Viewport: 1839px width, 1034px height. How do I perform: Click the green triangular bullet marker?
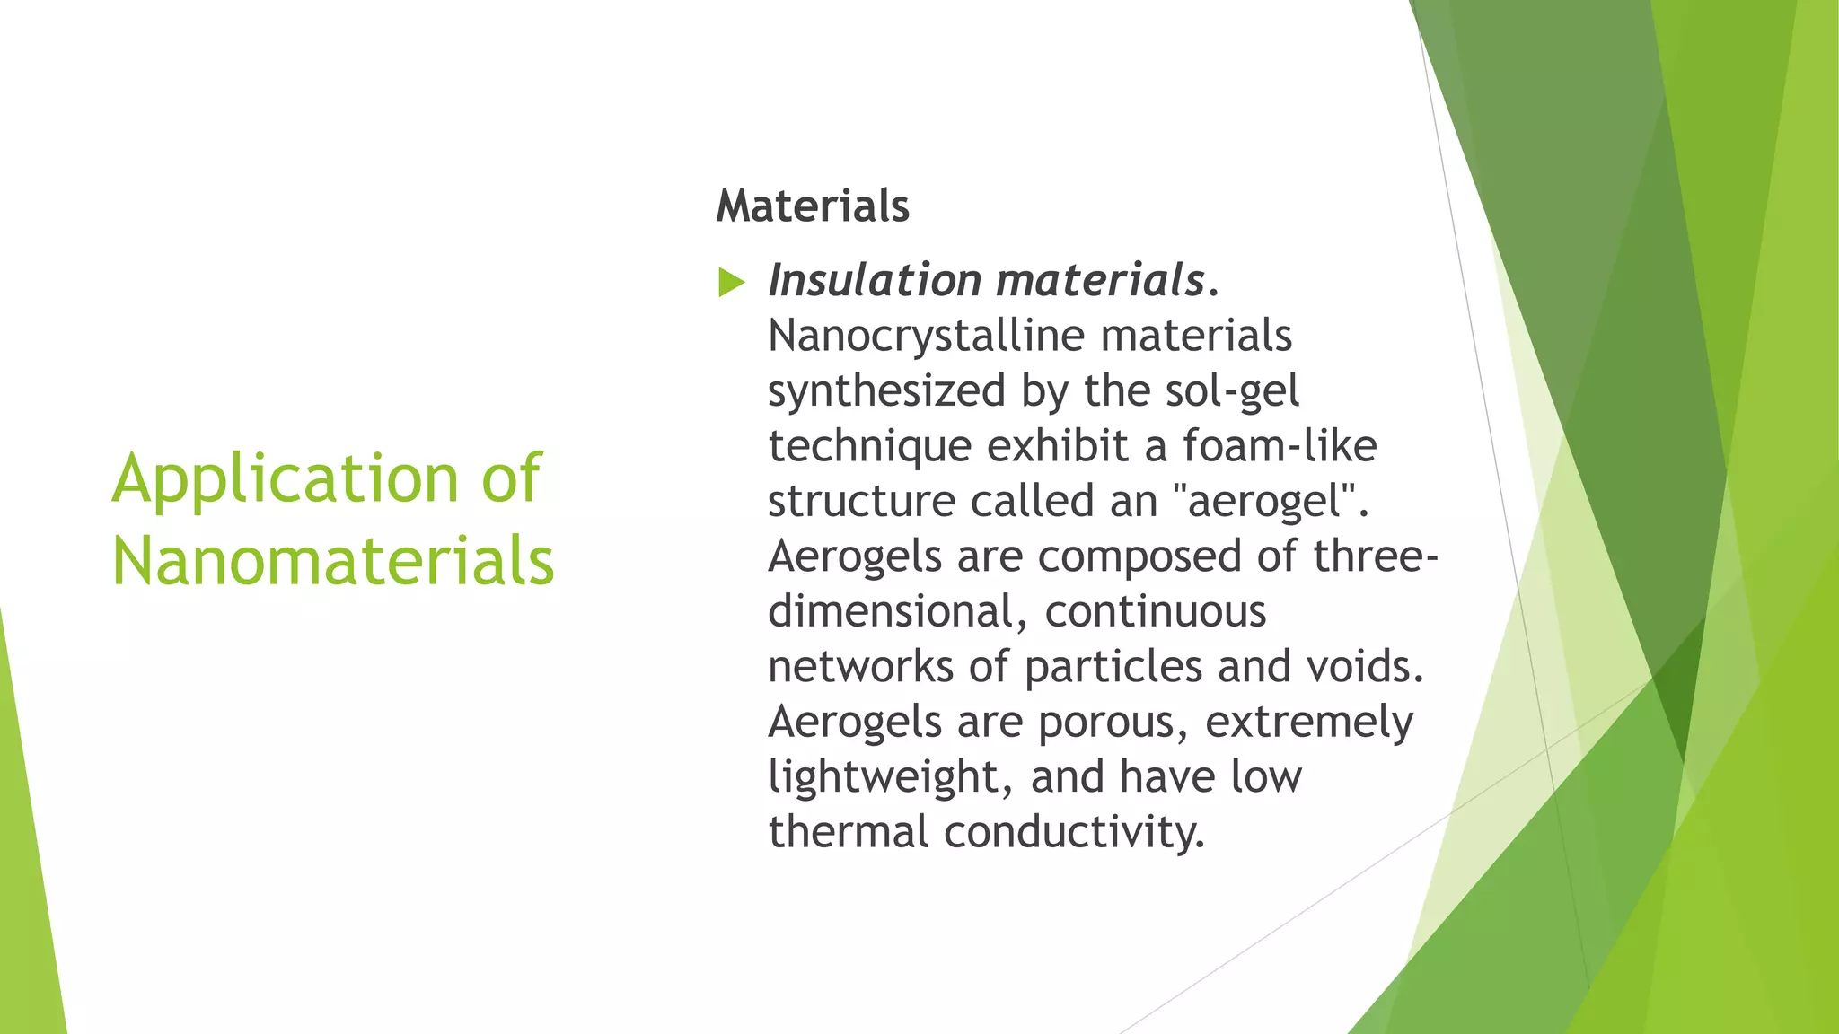[732, 283]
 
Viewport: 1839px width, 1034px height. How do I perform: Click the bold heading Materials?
[813, 206]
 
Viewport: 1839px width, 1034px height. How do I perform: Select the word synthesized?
[886, 391]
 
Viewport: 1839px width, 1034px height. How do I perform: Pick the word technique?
[870, 446]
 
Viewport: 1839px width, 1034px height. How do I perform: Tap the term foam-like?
[1279, 446]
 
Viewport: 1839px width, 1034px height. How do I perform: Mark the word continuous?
[1156, 612]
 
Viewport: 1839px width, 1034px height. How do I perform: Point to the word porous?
[1113, 723]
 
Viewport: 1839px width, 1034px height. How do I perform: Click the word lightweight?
[890, 777]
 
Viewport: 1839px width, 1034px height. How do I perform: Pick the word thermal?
[848, 832]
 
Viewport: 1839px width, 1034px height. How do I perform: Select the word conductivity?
[1074, 832]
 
